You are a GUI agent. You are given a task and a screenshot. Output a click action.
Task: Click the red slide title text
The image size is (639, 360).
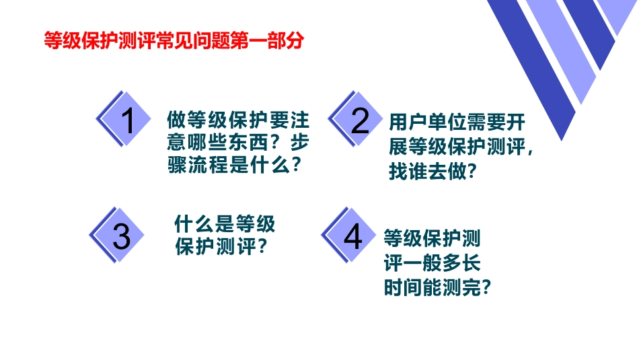[x=173, y=42]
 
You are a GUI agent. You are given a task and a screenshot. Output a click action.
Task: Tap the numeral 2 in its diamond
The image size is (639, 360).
[x=361, y=122]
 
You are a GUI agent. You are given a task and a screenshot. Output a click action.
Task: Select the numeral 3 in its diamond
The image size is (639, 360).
[x=121, y=236]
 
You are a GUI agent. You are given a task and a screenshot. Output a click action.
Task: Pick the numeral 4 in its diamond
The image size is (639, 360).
[x=352, y=236]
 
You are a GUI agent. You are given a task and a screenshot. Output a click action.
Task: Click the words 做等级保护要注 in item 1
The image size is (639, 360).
[x=238, y=121]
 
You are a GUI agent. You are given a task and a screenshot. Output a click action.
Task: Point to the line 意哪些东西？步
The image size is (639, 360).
[x=238, y=143]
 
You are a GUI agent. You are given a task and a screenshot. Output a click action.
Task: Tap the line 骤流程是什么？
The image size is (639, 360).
[x=233, y=166]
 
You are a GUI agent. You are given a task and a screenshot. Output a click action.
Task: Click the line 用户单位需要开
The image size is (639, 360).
[x=457, y=123]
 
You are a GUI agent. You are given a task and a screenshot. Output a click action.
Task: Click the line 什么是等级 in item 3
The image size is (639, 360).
[x=225, y=223]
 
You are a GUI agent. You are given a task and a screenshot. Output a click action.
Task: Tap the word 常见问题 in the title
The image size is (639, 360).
[x=206, y=42]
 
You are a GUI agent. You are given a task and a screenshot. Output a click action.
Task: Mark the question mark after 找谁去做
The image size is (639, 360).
[x=471, y=172]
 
